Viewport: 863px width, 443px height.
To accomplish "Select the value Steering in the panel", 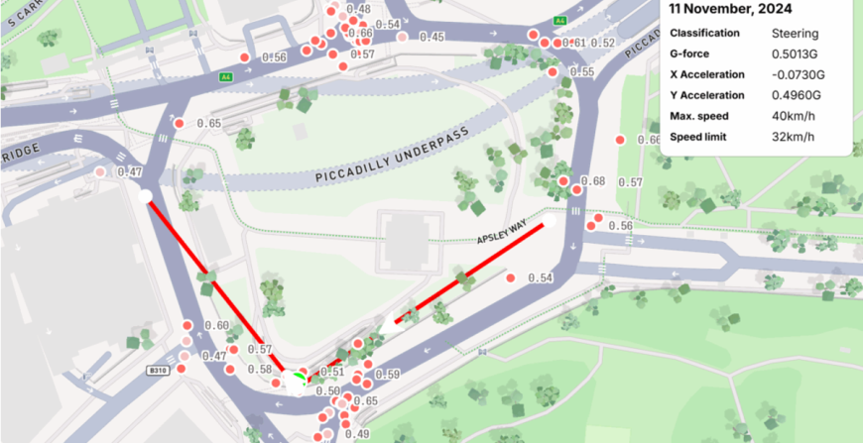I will click(796, 33).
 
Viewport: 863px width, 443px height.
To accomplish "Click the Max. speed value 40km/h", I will click(794, 116).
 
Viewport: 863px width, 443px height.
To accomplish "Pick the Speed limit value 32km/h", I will click(794, 137).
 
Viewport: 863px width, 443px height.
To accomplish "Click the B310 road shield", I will click(155, 371).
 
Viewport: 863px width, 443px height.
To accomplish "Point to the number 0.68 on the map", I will click(592, 181).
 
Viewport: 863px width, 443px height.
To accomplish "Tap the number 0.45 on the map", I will click(431, 37).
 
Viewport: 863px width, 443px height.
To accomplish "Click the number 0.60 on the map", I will click(216, 326).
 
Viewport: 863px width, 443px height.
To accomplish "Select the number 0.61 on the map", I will click(573, 43).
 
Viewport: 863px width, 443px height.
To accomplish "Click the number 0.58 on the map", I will click(259, 370).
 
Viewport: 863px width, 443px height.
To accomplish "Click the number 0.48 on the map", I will click(358, 9).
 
